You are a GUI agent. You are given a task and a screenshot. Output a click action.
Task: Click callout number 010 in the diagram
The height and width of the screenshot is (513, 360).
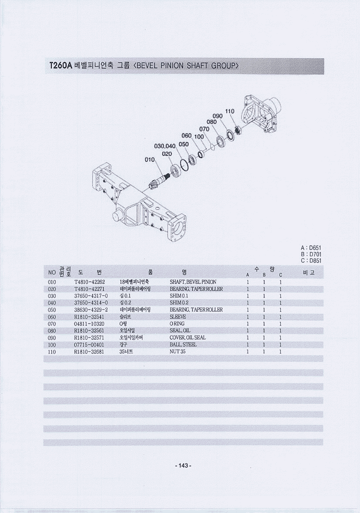pyautogui.click(x=150, y=160)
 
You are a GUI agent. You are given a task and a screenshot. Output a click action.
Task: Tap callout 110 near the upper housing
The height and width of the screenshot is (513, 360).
pyautogui.click(x=230, y=111)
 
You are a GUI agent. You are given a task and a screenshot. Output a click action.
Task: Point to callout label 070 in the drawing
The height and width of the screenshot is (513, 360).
pyautogui.click(x=204, y=129)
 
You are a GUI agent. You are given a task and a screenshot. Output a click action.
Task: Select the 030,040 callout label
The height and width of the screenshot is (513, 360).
pyautogui.click(x=165, y=145)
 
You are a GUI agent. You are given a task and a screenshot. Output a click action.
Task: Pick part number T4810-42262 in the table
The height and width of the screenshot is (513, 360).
pyautogui.click(x=90, y=282)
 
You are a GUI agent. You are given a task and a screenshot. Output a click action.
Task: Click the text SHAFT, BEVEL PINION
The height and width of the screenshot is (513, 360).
pyautogui.click(x=193, y=282)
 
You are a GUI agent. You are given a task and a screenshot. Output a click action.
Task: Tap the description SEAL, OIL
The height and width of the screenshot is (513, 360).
pyautogui.click(x=180, y=331)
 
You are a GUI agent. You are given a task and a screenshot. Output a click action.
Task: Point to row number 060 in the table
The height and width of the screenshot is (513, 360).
pyautogui.click(x=52, y=317)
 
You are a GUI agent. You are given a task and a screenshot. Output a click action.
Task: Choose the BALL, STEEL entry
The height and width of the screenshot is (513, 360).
pyautogui.click(x=183, y=344)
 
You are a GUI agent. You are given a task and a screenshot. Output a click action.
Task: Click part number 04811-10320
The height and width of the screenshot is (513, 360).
pyautogui.click(x=89, y=324)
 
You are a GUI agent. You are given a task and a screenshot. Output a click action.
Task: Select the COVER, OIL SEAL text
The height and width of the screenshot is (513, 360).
pyautogui.click(x=188, y=337)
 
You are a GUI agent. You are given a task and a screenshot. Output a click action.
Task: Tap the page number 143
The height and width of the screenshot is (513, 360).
pyautogui.click(x=183, y=466)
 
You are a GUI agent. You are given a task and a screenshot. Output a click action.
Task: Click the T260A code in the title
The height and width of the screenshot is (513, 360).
pyautogui.click(x=61, y=65)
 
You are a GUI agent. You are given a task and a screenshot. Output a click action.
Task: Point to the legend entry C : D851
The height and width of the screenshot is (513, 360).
pyautogui.click(x=311, y=261)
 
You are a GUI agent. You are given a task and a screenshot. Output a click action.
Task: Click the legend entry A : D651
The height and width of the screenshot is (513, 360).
pyautogui.click(x=311, y=248)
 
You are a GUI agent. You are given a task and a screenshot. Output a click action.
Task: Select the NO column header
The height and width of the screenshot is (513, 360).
pyautogui.click(x=52, y=273)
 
